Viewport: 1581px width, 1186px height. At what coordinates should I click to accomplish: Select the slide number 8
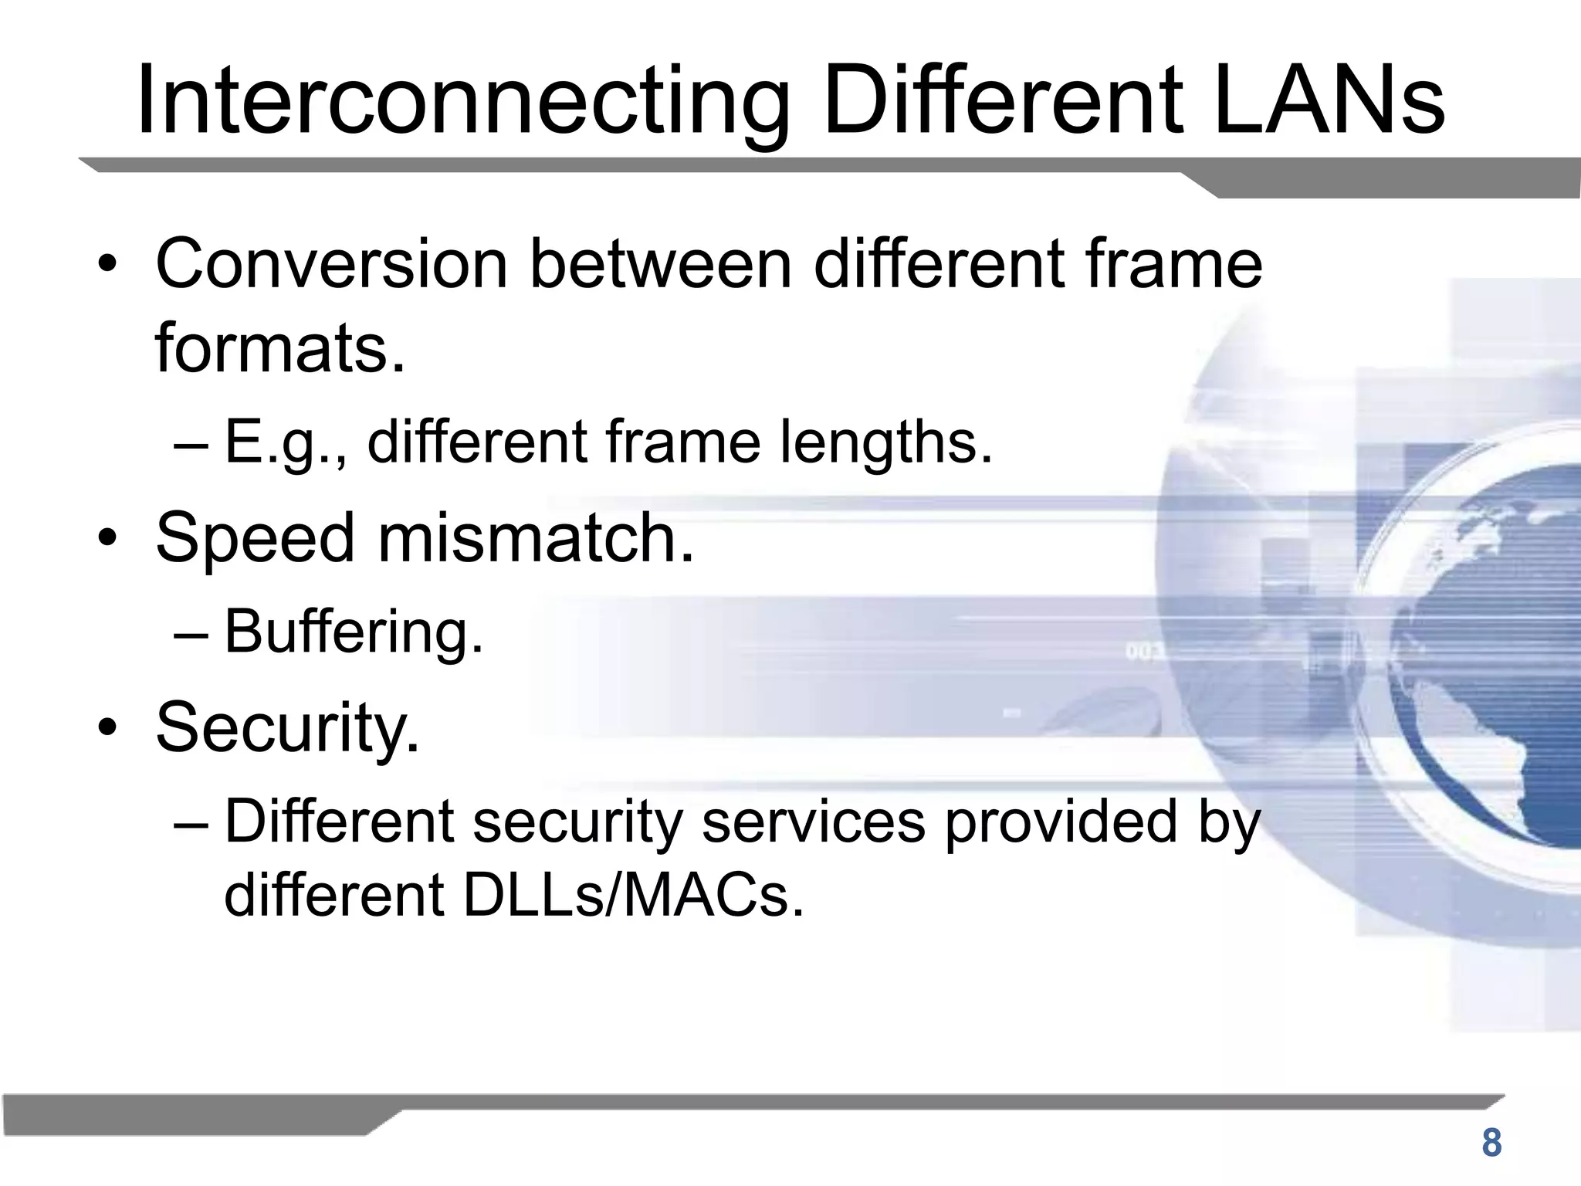[1491, 1143]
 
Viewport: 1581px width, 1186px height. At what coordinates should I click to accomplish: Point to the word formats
[279, 347]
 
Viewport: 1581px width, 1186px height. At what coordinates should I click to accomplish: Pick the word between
[661, 264]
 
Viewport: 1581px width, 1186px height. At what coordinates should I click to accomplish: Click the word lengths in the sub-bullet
[885, 442]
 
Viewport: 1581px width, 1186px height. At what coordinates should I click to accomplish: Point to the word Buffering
[354, 632]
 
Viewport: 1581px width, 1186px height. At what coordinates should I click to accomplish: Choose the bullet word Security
[287, 727]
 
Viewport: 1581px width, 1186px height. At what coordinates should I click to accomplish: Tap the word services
[814, 822]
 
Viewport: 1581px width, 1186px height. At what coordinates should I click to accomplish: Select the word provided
[1061, 822]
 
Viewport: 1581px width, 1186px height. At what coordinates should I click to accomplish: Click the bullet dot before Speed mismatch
[107, 538]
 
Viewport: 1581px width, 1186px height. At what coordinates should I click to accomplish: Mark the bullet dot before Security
[107, 728]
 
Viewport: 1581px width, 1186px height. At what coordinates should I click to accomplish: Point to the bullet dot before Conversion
[107, 265]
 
